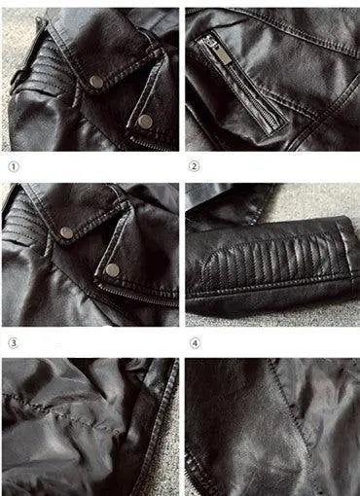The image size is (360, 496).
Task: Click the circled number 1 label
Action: pos(14,167)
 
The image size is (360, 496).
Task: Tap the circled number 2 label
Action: pos(194,166)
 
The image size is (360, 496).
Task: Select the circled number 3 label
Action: pos(14,343)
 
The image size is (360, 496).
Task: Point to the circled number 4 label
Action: pos(195,343)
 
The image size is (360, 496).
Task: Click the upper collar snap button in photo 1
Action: pos(96,82)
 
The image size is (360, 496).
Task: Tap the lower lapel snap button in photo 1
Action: pos(145,122)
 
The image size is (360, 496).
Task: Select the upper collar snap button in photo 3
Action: pos(67,232)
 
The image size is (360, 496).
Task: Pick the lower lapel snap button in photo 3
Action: pos(113,270)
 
